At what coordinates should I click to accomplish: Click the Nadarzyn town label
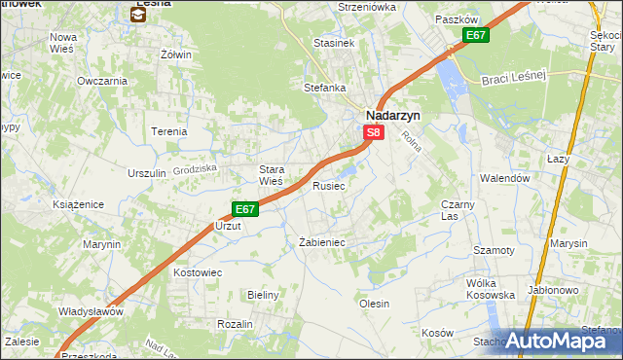[x=392, y=114]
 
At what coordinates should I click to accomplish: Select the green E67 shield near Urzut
[x=245, y=208]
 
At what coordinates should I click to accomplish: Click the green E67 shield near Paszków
[x=475, y=36]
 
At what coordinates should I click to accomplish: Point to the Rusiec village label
[x=329, y=185]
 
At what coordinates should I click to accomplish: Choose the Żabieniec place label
[x=322, y=242]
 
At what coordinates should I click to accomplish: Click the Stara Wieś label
[x=271, y=175]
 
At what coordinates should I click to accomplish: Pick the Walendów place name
[x=504, y=178]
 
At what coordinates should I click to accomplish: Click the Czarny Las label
[x=458, y=210]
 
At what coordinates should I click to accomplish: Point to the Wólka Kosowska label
[x=490, y=288]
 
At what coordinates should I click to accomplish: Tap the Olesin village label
[x=375, y=304]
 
